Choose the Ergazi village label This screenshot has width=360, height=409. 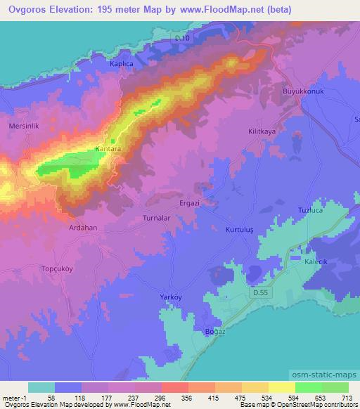(210, 202)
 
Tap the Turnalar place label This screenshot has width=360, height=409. (157, 219)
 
